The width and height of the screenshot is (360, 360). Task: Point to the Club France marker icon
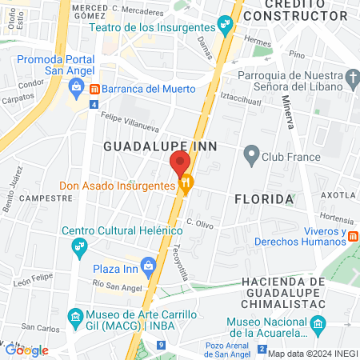point(251,156)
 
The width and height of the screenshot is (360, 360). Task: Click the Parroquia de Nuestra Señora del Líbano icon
point(353,78)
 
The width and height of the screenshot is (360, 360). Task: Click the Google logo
point(26,350)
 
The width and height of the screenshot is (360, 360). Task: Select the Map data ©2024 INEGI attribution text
point(312,354)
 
